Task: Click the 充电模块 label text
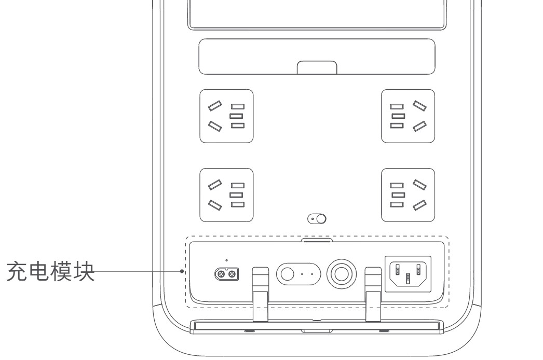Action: click(50, 271)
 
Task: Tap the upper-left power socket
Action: click(226, 116)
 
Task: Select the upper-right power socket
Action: click(408, 116)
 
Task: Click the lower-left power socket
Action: click(226, 195)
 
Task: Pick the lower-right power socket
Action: click(408, 195)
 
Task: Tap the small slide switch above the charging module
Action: click(317, 219)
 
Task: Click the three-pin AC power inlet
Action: click(409, 274)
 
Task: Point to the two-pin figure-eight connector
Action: click(226, 274)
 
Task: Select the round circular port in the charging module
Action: click(342, 274)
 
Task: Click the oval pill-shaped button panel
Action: click(298, 274)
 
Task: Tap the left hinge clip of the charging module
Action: click(261, 294)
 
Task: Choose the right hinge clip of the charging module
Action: click(373, 294)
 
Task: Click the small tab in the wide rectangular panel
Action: click(317, 67)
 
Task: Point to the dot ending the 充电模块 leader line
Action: click(182, 271)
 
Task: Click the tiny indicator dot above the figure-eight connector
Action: click(226, 260)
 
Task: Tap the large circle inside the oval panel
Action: click(287, 274)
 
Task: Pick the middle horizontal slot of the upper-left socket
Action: click(237, 116)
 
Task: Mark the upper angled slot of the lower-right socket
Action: click(419, 185)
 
